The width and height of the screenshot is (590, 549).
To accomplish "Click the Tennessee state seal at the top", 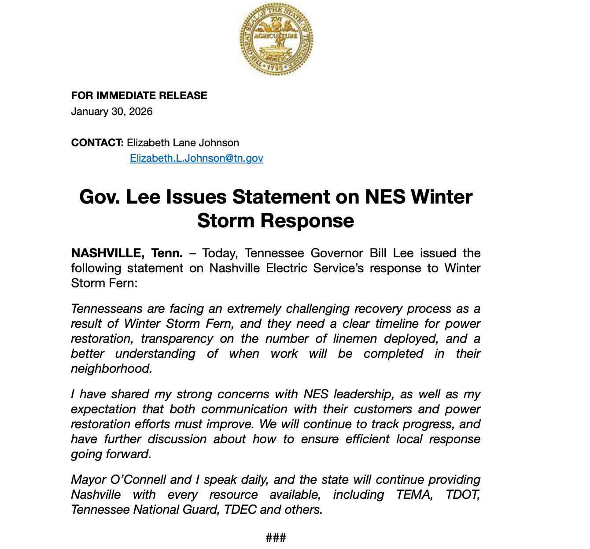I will click(x=276, y=39).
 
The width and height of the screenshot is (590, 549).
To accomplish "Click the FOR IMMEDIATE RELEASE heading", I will click(x=139, y=96).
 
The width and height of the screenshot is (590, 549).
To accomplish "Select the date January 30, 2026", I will click(x=112, y=111).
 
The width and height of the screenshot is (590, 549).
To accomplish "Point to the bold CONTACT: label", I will click(x=97, y=143).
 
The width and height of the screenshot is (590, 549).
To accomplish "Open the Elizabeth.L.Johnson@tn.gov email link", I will click(x=196, y=158).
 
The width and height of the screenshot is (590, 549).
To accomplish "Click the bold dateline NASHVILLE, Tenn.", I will click(x=127, y=253).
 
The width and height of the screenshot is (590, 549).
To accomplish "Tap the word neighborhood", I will click(x=111, y=369).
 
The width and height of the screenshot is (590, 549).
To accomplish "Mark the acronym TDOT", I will click(x=462, y=495).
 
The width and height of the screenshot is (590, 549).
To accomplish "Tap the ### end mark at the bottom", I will click(x=276, y=538).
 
